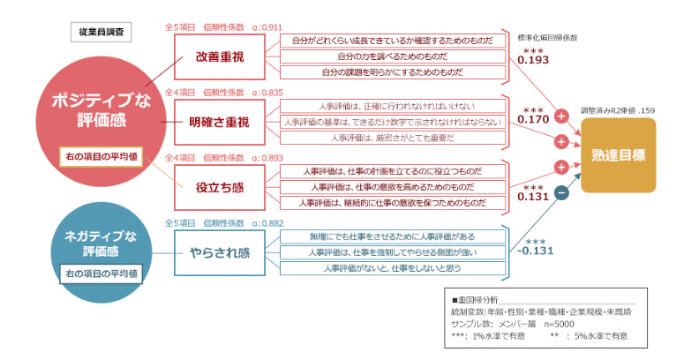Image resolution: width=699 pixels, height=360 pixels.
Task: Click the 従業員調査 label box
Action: click(x=101, y=31)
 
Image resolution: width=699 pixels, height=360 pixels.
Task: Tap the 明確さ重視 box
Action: click(x=220, y=121)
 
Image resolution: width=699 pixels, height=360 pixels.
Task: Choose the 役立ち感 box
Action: click(x=220, y=186)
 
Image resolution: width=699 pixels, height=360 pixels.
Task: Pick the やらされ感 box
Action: click(x=220, y=251)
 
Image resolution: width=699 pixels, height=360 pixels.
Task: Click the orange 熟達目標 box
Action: click(x=619, y=156)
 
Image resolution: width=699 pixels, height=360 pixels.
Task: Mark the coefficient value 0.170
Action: click(x=534, y=119)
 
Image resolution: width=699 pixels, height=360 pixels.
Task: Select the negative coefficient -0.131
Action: click(x=535, y=251)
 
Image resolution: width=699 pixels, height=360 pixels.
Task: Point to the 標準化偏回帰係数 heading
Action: click(x=547, y=38)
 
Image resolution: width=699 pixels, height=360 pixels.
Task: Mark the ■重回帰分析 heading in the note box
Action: click(x=475, y=300)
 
